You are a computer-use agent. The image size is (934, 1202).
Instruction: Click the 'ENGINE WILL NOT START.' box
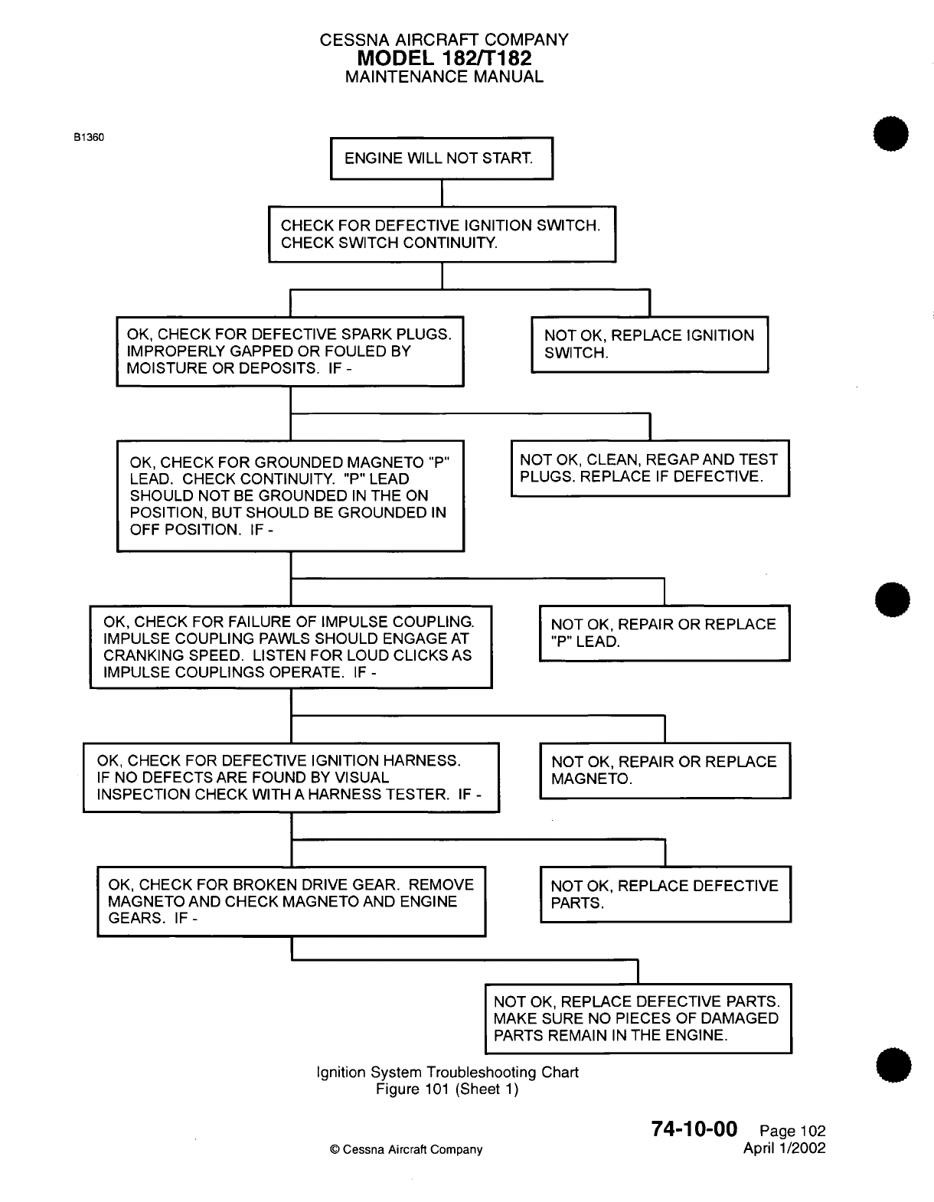441,158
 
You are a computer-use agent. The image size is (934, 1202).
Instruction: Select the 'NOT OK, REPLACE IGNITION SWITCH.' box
649,345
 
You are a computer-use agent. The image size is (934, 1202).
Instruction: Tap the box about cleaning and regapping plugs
649,468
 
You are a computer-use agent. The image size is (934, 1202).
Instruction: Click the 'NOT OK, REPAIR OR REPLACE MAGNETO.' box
665,770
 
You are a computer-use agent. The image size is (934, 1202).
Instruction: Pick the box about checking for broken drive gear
291,901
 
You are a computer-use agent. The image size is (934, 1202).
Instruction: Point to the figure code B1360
89,137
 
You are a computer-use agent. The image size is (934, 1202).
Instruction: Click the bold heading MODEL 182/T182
444,58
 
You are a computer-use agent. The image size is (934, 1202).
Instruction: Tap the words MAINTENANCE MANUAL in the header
444,77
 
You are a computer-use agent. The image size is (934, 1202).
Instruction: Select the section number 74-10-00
694,1129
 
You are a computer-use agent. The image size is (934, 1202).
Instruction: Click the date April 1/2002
785,1148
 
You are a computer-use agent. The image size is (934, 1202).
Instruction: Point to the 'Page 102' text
792,1131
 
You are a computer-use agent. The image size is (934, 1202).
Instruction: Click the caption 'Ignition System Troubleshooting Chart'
447,1072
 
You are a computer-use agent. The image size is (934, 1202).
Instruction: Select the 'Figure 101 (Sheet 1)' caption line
447,1089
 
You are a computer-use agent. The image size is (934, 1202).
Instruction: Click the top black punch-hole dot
888,138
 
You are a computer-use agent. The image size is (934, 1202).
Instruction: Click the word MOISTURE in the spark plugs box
159,368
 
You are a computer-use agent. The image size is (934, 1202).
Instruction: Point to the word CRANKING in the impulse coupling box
138,655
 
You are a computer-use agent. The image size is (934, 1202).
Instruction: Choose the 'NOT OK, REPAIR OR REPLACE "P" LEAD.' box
665,633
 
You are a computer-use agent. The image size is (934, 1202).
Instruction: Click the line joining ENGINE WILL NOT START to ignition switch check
443,193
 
